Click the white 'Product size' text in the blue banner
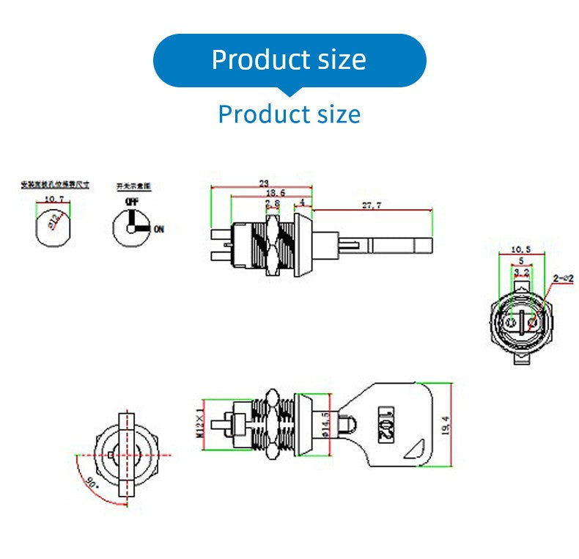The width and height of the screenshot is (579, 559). coord(289,59)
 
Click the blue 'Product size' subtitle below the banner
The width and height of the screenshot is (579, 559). coord(289,114)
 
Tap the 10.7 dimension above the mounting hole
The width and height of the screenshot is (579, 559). coord(54,199)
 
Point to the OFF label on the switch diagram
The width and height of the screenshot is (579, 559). coord(132,201)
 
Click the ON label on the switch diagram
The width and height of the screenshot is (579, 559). coord(158,229)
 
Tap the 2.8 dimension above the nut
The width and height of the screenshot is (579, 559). coord(272,203)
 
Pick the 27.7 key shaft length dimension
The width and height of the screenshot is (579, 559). coord(372,206)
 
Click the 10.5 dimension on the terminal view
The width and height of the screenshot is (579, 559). coord(519,249)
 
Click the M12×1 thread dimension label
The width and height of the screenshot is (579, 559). coord(199,421)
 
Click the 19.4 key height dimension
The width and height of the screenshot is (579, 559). coord(446,424)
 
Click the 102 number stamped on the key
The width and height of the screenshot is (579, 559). coord(385,423)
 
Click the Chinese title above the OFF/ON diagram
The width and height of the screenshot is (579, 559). coord(135,187)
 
